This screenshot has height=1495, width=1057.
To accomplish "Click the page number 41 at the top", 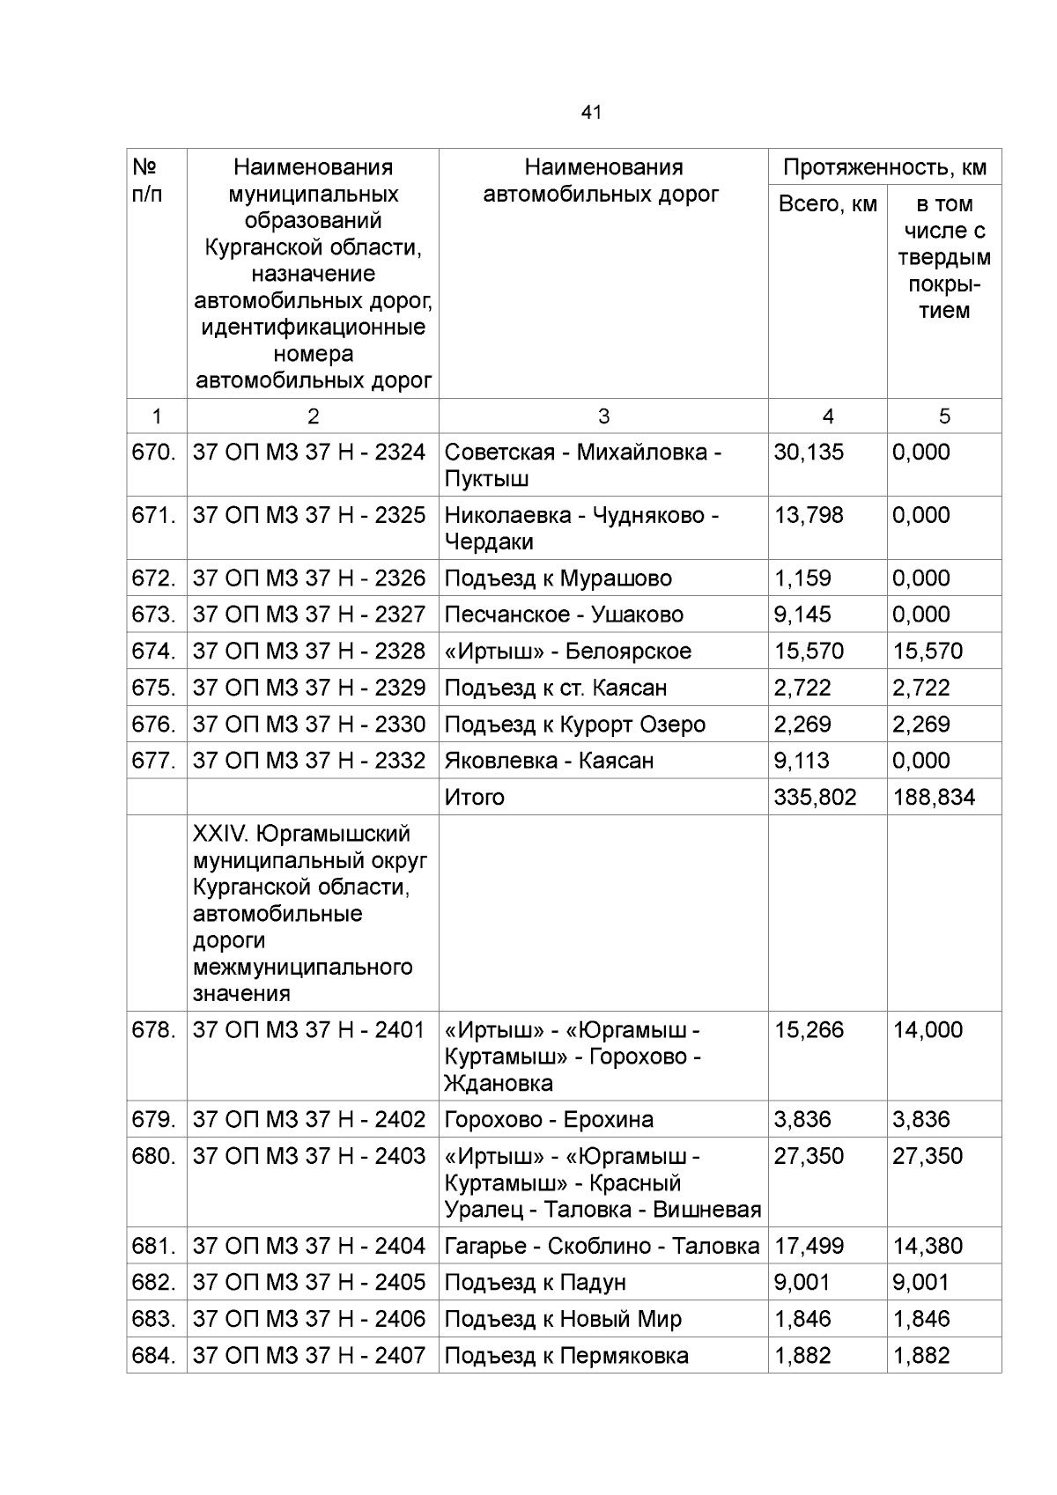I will click(591, 113).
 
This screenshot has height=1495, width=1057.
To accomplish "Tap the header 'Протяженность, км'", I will click(884, 167).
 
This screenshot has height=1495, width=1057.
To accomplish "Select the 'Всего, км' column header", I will click(827, 204).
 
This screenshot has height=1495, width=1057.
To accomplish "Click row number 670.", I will click(154, 453).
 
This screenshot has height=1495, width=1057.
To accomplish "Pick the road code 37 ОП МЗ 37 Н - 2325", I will click(308, 515).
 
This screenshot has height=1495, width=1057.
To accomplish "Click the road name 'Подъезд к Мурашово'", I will click(558, 578).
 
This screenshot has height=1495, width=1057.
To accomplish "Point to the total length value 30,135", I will click(809, 453).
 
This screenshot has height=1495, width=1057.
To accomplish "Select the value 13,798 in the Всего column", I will click(809, 515).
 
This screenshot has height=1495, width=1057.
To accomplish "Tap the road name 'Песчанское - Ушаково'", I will click(564, 615).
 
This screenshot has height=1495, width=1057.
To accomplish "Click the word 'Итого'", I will click(474, 798).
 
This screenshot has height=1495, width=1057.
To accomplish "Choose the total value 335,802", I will click(815, 798).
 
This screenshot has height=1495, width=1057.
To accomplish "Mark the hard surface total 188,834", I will click(934, 798).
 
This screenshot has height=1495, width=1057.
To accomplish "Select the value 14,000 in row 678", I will click(928, 1030).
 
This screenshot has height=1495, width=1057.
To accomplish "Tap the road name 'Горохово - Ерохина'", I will click(549, 1120).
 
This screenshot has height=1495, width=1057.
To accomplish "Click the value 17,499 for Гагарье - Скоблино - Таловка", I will click(809, 1247).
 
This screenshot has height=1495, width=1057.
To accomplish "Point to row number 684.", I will click(154, 1356).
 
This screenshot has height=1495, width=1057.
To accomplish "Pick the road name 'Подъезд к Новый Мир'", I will click(563, 1320).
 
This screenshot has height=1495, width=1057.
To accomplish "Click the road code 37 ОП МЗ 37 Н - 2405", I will click(308, 1283).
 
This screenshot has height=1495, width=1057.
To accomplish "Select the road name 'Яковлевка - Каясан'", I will click(549, 761).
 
